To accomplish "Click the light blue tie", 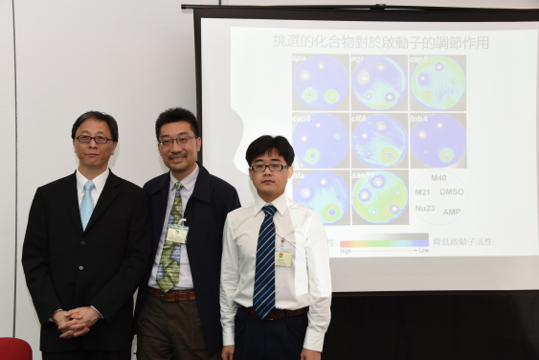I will point(87,203).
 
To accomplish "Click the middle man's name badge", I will point(178,233).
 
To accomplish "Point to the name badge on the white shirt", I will point(283,257).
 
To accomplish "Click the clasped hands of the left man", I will point(78,320).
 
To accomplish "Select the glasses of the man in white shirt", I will point(268,168).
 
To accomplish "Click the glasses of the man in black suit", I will point(93,140).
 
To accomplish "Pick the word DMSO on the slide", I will point(451,191).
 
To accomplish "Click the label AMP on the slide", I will point(452,212).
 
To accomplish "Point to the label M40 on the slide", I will point(438,178).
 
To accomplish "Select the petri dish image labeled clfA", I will point(379,142).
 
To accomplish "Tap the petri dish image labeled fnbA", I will point(438,142).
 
